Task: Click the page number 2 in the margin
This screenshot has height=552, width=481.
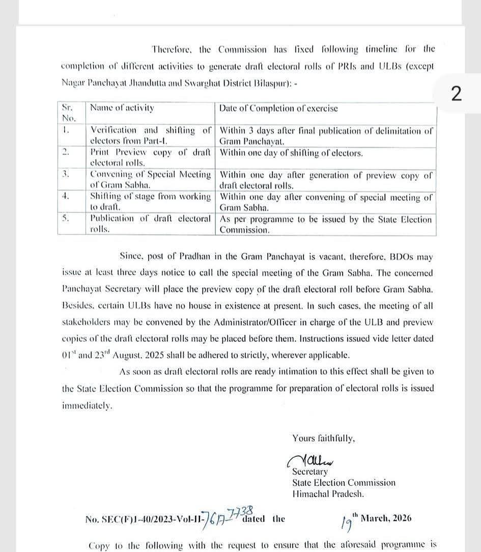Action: [x=456, y=94]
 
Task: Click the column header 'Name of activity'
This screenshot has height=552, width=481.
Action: [x=122, y=108]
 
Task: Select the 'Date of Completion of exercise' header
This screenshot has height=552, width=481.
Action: [x=278, y=108]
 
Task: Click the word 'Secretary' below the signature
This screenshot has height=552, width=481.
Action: [x=310, y=472]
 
